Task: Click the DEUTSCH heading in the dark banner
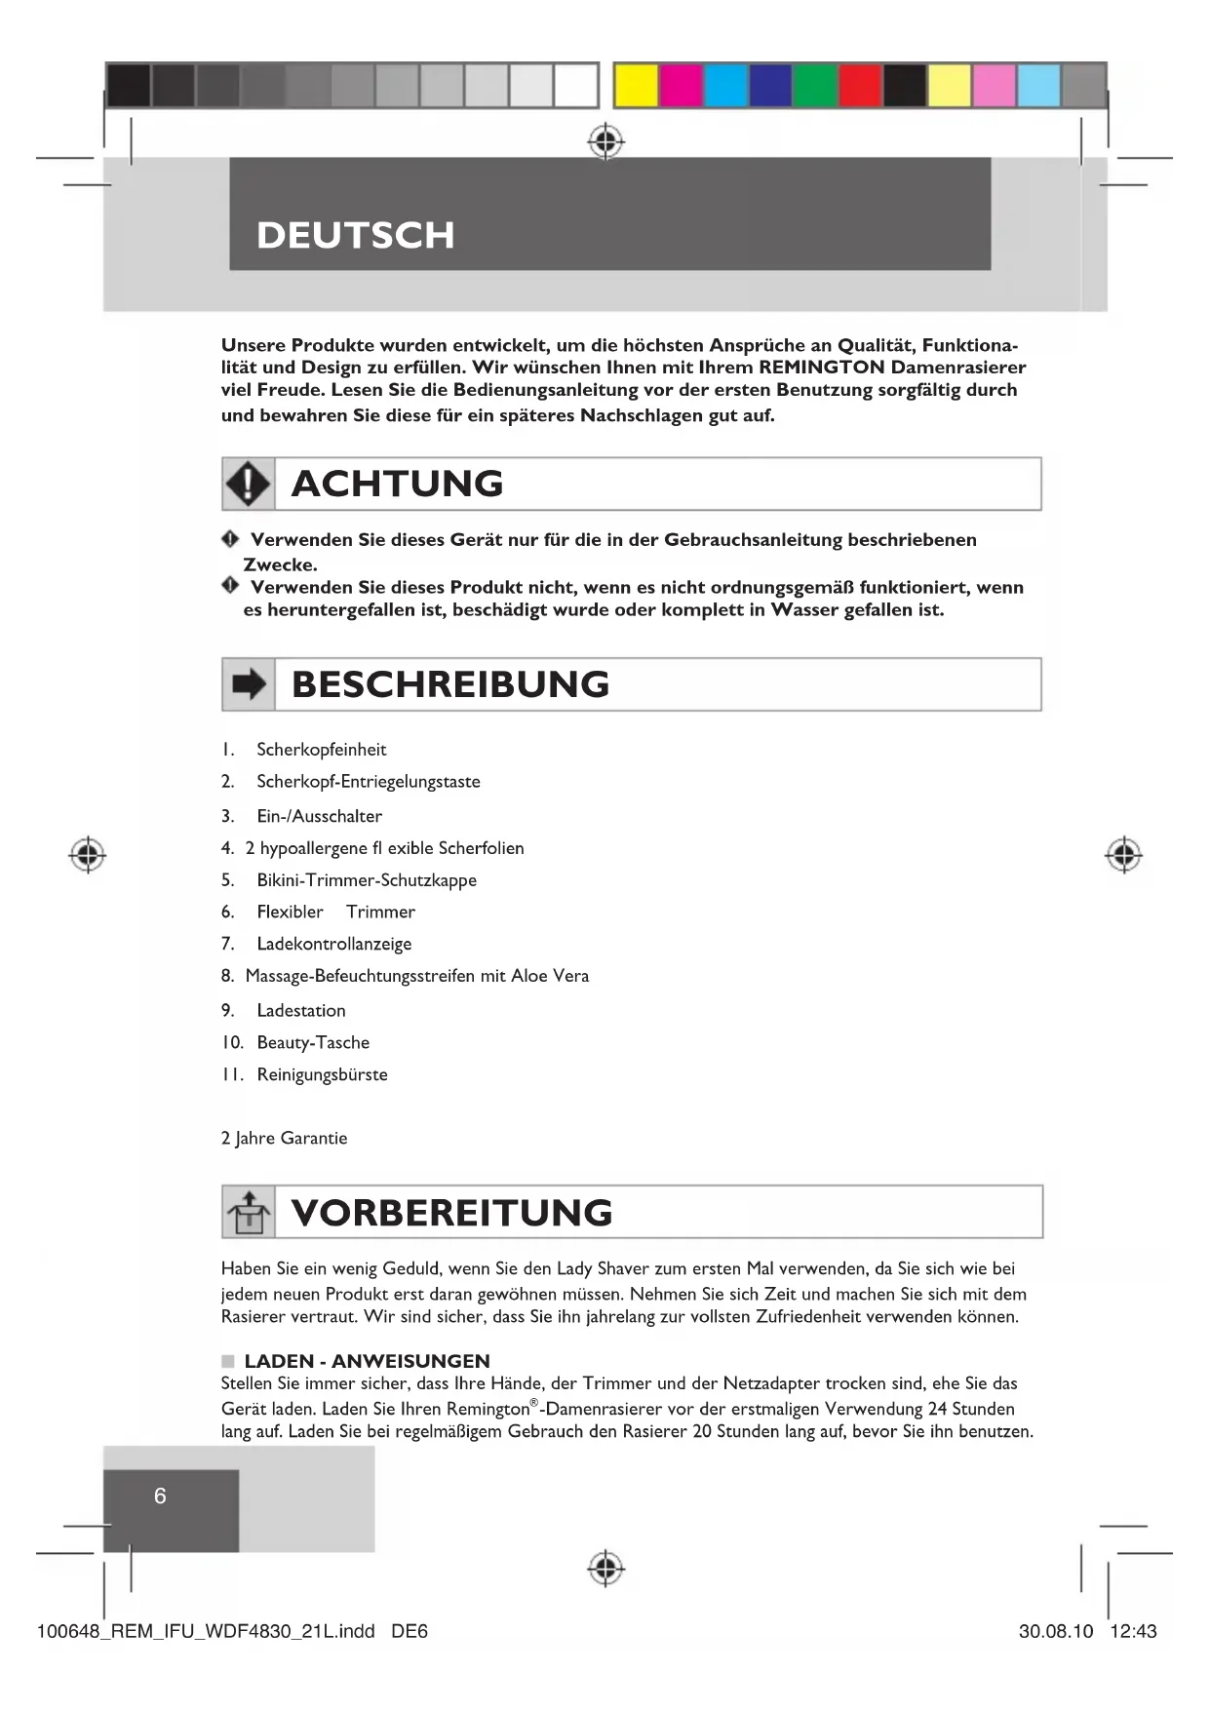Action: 355,235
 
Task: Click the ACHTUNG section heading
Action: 397,484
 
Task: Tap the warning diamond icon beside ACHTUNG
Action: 248,484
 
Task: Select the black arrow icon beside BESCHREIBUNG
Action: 248,684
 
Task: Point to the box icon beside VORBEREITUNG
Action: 248,1212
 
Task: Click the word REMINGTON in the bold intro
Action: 822,368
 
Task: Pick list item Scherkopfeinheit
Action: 321,750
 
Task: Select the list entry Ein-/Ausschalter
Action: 319,816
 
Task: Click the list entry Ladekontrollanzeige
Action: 333,944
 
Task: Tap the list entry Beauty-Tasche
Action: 313,1042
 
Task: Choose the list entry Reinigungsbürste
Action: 322,1074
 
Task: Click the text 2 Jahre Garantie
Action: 284,1138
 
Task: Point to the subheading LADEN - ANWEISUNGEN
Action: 367,1361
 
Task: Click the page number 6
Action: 160,1496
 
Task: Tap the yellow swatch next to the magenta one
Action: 635,86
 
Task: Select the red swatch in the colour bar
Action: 859,86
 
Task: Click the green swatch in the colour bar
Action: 814,86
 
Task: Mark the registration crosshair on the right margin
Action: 1123,854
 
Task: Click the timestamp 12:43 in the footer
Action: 1132,1631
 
